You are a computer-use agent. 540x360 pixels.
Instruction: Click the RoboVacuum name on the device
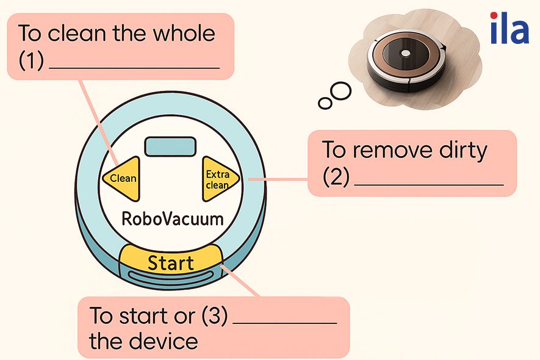(173, 218)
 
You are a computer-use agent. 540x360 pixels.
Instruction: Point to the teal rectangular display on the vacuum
(170, 147)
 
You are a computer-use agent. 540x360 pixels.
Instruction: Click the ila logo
(509, 29)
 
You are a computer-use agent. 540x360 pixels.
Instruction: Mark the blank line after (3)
(284, 323)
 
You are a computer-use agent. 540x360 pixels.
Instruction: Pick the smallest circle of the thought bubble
(325, 103)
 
